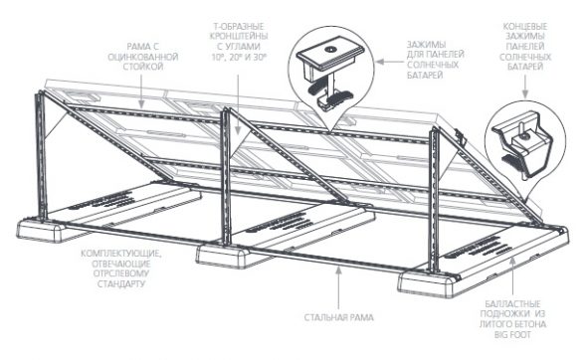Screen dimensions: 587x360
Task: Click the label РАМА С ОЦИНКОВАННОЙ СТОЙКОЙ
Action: pyautogui.click(x=142, y=57)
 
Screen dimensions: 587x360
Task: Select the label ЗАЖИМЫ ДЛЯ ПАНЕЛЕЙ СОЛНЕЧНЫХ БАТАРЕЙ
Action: pyautogui.click(x=436, y=60)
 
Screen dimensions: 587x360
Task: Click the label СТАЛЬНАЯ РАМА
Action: pyautogui.click(x=339, y=317)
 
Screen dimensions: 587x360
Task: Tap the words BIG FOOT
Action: pyautogui.click(x=512, y=334)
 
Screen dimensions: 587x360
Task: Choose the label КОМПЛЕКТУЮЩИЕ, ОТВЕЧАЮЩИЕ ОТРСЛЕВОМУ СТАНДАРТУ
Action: pyautogui.click(x=121, y=269)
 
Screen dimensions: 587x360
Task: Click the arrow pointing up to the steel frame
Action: pyautogui.click(x=339, y=287)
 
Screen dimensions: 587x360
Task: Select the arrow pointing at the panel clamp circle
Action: pyautogui.click(x=389, y=62)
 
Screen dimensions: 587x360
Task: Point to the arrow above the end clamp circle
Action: pyautogui.click(x=525, y=88)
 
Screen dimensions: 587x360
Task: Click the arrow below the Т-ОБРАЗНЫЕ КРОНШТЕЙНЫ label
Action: pyautogui.click(x=239, y=103)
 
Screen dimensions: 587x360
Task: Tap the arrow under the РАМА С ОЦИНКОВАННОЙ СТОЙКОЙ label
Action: pyautogui.click(x=141, y=90)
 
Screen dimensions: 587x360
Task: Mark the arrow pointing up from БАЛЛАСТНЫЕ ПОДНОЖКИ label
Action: pyautogui.click(x=512, y=276)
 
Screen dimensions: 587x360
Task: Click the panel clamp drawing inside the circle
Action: pyautogui.click(x=330, y=70)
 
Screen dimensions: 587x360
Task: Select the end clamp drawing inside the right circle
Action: pyautogui.click(x=523, y=144)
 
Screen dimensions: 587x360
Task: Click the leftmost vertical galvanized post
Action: pyautogui.click(x=41, y=157)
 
